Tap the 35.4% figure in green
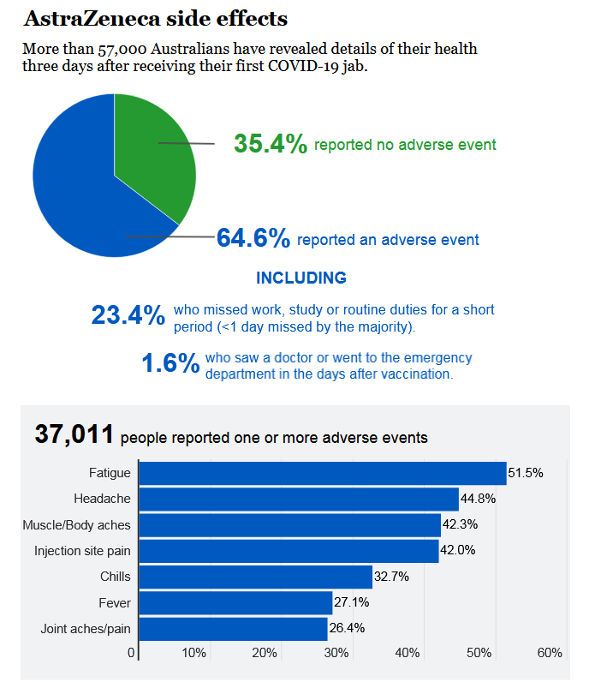(x=271, y=144)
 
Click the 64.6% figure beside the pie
(x=253, y=238)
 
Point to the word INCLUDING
(x=301, y=278)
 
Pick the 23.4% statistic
(x=128, y=315)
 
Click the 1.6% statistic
(x=170, y=363)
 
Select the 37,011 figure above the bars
(x=74, y=434)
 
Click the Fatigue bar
(x=322, y=473)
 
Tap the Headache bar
(x=298, y=499)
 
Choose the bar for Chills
(x=255, y=577)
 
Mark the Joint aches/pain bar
(x=233, y=629)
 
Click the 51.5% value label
(x=526, y=473)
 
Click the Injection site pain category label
(x=82, y=551)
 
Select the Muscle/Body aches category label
(x=76, y=524)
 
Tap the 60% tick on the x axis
(x=549, y=653)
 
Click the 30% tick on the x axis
(x=336, y=653)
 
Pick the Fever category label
(x=115, y=603)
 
